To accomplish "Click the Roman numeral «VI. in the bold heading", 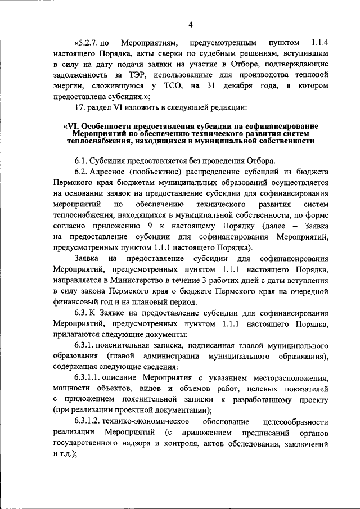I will (x=73, y=127).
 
